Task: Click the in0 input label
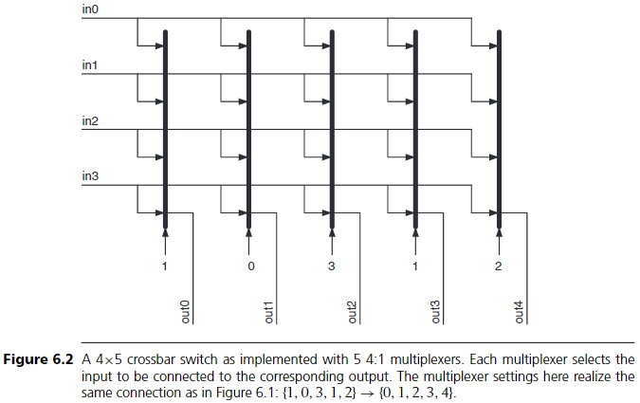(90, 10)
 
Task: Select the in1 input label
(90, 66)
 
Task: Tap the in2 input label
(90, 122)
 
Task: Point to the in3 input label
(90, 177)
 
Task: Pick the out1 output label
(269, 312)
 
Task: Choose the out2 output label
(352, 312)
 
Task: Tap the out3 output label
(435, 312)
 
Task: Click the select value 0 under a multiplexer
(249, 266)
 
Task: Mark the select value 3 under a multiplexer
(332, 266)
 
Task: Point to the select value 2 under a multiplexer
(499, 266)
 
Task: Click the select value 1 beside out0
(166, 266)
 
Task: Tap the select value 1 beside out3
(415, 266)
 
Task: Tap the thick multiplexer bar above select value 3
(332, 123)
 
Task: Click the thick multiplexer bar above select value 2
(499, 123)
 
